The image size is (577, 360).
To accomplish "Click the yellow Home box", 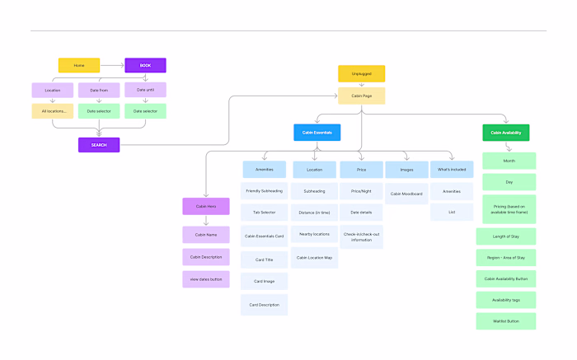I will [x=79, y=65].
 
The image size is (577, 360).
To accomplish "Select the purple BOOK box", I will [x=145, y=65].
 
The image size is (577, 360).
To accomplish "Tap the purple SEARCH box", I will [x=99, y=145].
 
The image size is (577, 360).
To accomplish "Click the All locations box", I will [x=53, y=110].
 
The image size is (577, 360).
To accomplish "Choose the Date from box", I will [x=99, y=90].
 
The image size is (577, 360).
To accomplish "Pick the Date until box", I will [x=145, y=90].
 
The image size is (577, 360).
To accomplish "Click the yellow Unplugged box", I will [x=361, y=73].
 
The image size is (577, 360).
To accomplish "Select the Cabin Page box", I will [x=361, y=96].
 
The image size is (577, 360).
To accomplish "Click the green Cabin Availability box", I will [x=506, y=132].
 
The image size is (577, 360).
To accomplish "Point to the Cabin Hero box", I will [x=206, y=206].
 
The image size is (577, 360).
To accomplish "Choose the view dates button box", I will [x=206, y=278].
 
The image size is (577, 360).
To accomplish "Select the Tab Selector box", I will [x=265, y=212].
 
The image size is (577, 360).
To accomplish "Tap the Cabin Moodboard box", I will [x=406, y=194].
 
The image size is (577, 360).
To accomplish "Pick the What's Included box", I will [x=452, y=169].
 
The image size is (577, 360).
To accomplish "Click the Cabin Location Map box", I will [x=314, y=257].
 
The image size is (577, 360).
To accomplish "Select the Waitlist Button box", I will [x=506, y=320].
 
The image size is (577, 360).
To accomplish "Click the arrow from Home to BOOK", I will [x=112, y=65].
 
